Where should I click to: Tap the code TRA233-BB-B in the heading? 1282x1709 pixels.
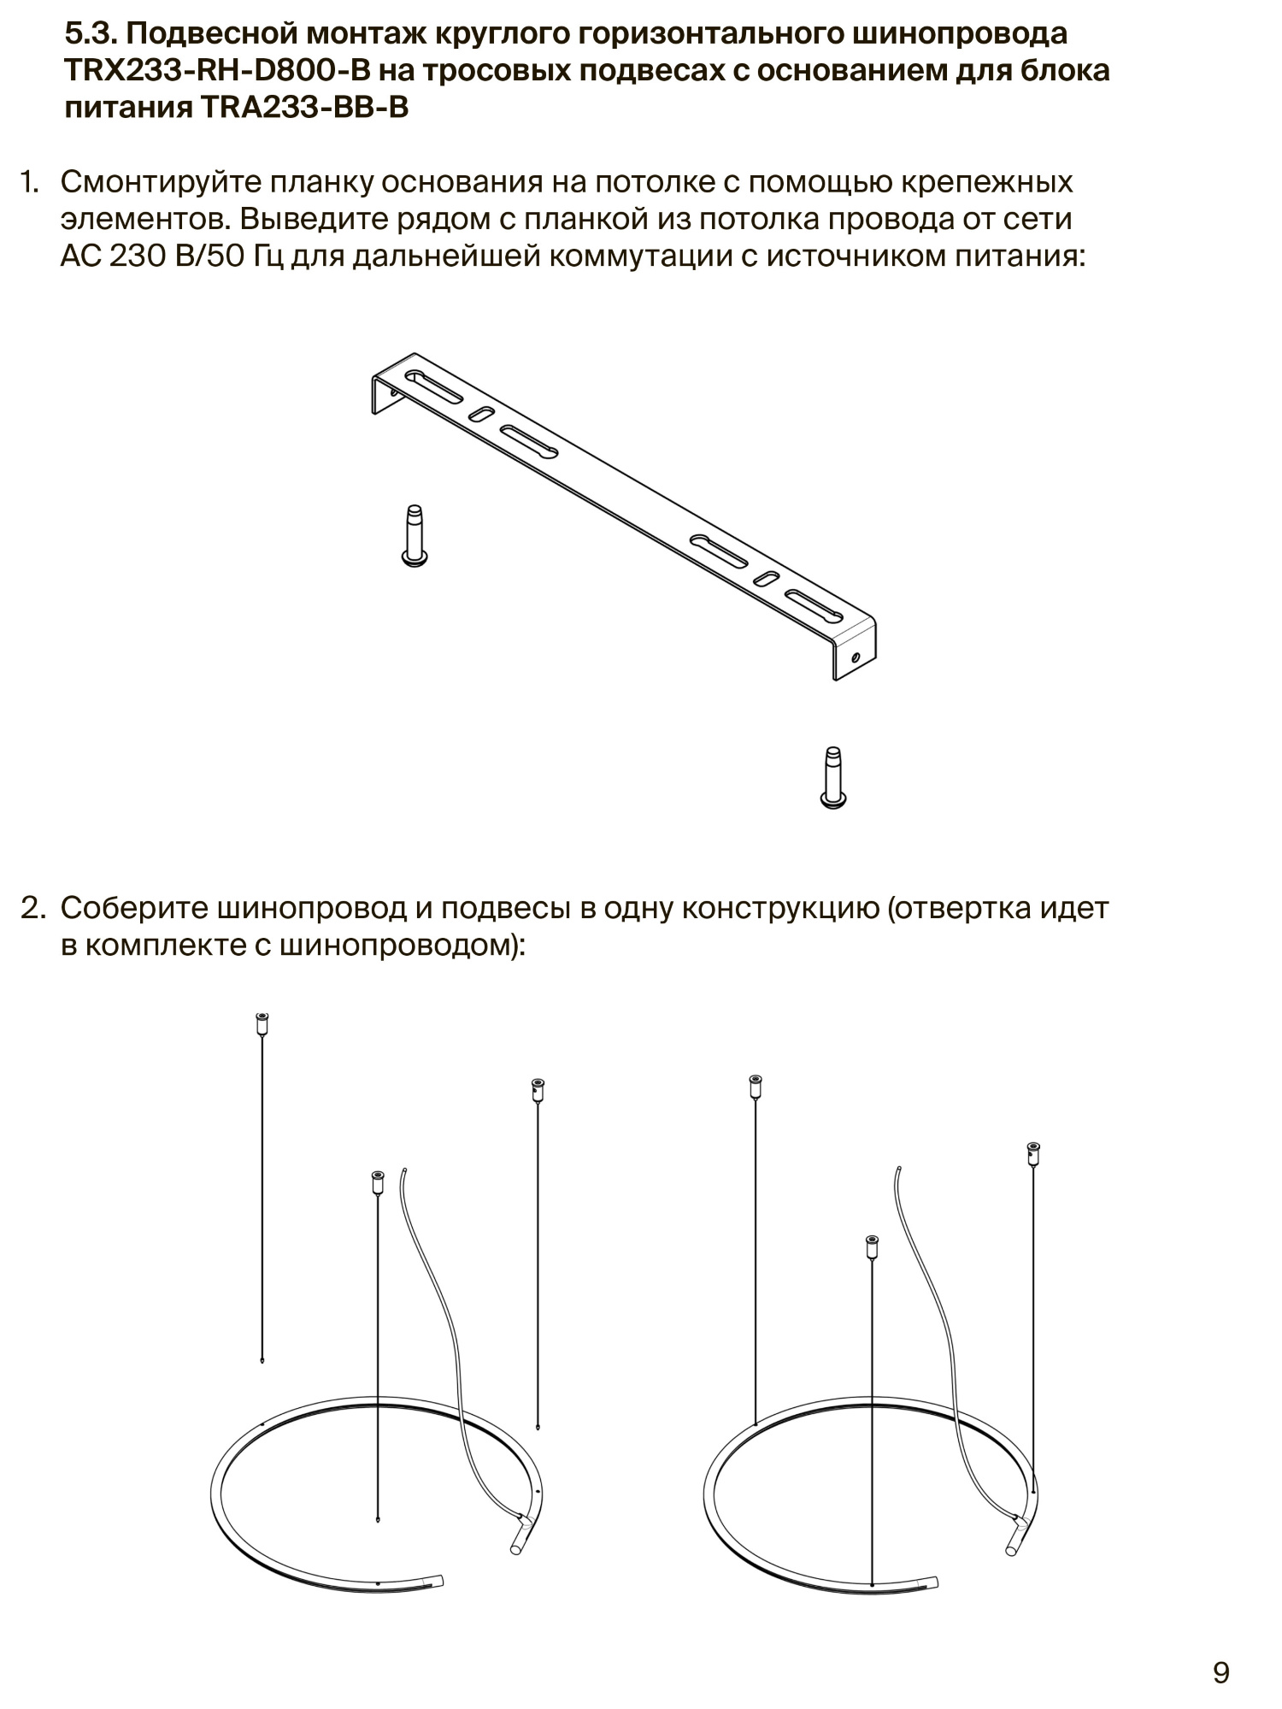(304, 109)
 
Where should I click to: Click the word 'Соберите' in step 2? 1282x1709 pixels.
(133, 909)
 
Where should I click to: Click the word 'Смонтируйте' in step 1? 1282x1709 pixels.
(157, 182)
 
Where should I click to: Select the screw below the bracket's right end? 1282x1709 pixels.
(833, 777)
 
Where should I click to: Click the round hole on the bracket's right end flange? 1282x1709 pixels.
(856, 657)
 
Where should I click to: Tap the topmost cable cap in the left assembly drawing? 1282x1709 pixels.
(262, 1022)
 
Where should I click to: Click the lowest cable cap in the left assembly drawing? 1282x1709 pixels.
(377, 1182)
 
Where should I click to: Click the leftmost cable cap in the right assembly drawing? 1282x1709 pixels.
(755, 1086)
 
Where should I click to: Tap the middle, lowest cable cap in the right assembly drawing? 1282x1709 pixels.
(872, 1246)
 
